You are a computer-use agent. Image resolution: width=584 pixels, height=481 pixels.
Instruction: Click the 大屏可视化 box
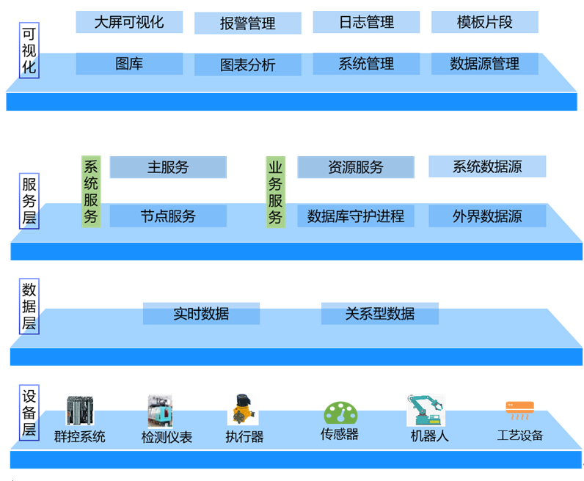[129, 22]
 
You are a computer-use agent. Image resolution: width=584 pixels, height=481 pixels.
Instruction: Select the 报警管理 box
[247, 23]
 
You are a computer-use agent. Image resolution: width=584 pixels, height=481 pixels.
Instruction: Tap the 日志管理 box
[366, 22]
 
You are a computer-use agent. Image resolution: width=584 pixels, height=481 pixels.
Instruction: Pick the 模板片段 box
[484, 22]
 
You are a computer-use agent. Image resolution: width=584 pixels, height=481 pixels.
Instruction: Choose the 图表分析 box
[247, 65]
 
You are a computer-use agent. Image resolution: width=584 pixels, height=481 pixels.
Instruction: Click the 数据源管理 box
[484, 64]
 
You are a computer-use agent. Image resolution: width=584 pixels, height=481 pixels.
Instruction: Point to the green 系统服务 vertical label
[91, 191]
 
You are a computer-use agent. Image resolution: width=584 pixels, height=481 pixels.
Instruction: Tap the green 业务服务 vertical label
[275, 191]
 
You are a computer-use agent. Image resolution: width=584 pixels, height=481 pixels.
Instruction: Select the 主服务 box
[168, 167]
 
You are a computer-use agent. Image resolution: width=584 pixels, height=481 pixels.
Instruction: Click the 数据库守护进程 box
[356, 216]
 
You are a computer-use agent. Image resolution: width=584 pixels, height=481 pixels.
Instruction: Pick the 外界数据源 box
[487, 216]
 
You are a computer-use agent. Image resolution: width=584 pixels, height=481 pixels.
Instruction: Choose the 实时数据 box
[201, 314]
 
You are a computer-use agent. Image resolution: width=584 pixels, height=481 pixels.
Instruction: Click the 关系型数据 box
[379, 314]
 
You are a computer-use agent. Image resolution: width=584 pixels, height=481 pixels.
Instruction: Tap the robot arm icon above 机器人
[426, 410]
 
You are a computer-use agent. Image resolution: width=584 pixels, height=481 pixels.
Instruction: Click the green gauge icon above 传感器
[340, 413]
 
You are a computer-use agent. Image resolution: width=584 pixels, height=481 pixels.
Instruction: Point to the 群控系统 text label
[80, 437]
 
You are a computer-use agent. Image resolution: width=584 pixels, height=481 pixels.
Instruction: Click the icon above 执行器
[243, 410]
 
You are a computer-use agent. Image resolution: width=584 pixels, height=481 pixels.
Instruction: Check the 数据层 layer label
[29, 306]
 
